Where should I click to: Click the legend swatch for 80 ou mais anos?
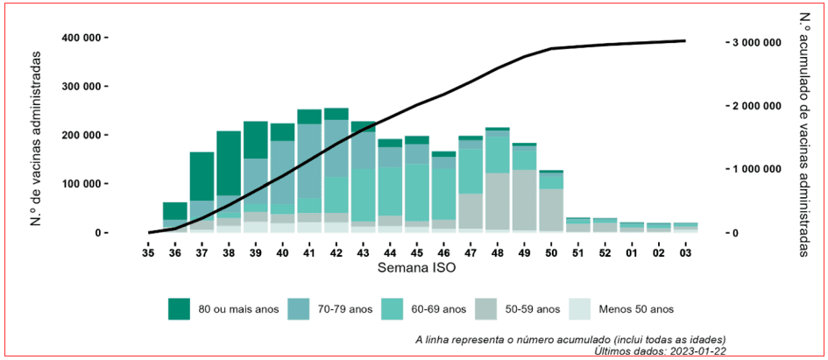179,308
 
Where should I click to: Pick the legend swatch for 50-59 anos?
487,308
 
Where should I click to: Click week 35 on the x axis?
149,252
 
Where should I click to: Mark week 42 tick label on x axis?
336,252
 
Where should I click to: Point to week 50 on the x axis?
551,252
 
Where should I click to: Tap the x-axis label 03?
685,252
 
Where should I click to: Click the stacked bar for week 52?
605,226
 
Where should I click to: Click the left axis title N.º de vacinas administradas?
36,135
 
